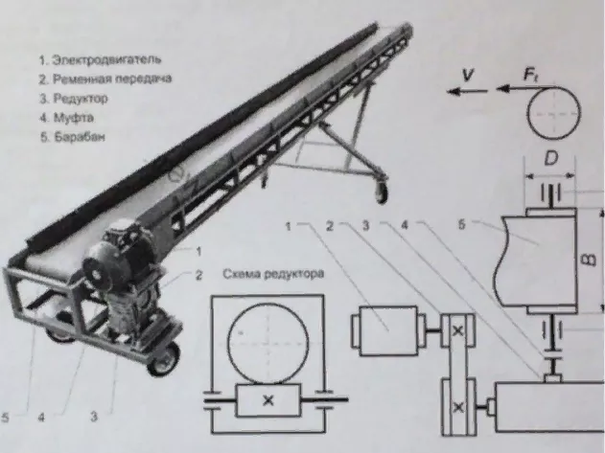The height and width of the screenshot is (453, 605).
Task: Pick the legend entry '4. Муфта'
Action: pos(66,117)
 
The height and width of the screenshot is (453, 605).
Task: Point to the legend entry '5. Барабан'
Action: pos(71,136)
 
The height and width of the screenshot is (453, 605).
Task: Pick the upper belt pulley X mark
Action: pos(457,331)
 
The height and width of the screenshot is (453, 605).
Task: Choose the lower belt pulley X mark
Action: pos(457,408)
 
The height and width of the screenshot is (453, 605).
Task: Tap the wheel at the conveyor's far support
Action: pos(383,192)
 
